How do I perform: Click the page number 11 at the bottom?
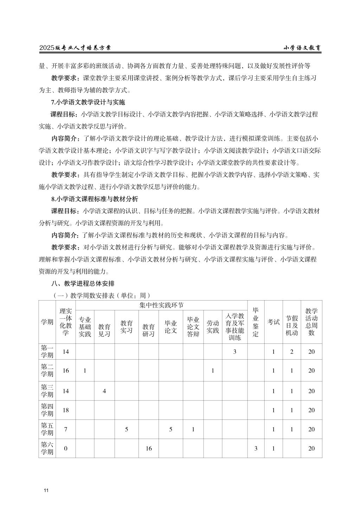pos(46,490)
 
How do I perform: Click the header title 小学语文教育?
pos(302,48)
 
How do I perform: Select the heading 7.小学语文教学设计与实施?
pos(88,102)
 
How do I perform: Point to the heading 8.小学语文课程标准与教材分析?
pos(95,199)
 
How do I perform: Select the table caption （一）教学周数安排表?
pos(102,295)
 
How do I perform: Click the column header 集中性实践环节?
pos(161,305)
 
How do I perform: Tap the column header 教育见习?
pos(104,330)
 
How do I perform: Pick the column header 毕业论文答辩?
pos(193,327)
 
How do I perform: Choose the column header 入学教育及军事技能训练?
pos(234,327)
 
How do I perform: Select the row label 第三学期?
pos(47,391)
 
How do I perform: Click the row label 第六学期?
pos(47,448)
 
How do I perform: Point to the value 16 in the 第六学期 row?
pos(148,449)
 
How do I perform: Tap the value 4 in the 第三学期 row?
pos(104,391)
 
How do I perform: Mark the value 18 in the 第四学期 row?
pos(66,410)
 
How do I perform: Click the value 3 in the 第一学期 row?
pos(234,352)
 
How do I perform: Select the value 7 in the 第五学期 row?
pos(66,429)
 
